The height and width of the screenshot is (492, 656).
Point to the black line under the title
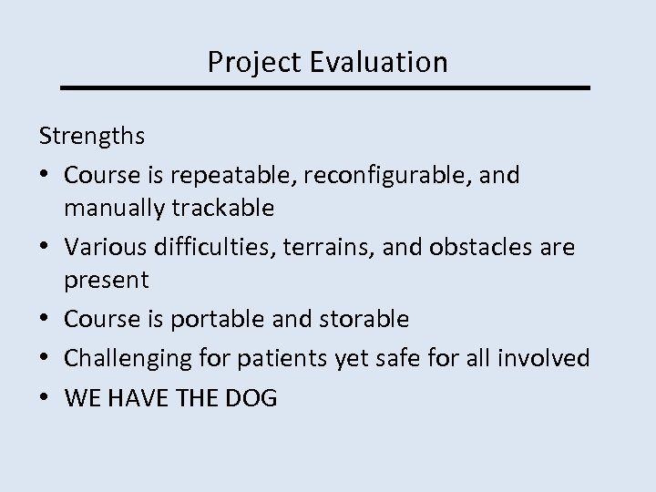tap(325, 87)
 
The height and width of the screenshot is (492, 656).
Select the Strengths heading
tap(92, 136)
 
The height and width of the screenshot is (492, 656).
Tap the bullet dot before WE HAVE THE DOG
tap(46, 397)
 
